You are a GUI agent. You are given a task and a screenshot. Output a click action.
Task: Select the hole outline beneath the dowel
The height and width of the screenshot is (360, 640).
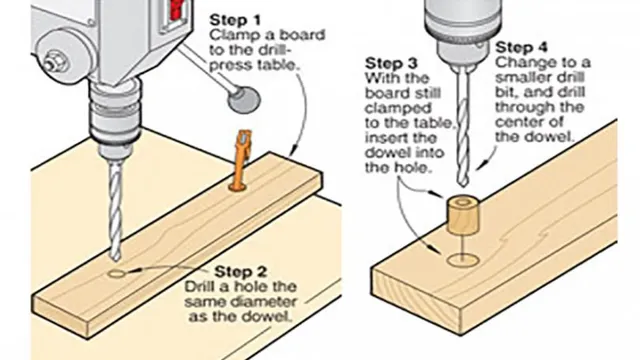[x=463, y=261]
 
